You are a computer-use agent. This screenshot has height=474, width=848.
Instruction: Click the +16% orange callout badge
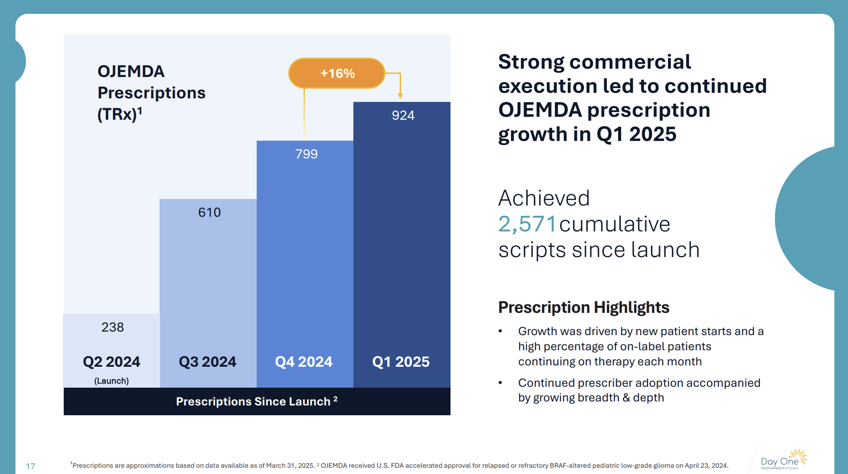pos(337,73)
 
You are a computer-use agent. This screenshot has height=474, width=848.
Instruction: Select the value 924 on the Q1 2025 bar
pos(403,115)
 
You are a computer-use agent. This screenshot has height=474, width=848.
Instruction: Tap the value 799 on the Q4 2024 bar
pos(306,154)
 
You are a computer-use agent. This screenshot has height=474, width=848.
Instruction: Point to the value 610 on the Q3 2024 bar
pos(209,212)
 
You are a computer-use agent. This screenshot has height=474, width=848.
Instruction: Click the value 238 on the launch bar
pos(112,327)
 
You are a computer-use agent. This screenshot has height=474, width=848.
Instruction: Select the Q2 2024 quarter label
pos(111,362)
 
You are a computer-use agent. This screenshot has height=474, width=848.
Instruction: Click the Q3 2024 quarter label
pos(207,362)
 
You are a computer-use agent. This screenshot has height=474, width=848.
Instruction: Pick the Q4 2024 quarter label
pos(303,362)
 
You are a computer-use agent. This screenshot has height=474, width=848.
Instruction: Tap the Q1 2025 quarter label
pos(401,362)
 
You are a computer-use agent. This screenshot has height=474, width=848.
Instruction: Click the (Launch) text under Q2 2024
pos(111,381)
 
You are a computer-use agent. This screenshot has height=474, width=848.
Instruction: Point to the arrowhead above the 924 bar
pos(400,96)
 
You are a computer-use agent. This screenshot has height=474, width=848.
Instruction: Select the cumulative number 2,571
pos(527,224)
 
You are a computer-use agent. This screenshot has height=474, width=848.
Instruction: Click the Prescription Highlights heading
pos(583,308)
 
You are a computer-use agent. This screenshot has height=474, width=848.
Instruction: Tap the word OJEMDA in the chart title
pos(131,72)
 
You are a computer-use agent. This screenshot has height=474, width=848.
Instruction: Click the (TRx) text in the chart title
pos(117,114)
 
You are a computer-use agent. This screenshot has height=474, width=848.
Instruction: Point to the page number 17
pos(30,466)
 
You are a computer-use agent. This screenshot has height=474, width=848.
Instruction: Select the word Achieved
pos(544,198)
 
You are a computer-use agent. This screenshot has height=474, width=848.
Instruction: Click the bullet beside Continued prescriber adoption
pos(500,383)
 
